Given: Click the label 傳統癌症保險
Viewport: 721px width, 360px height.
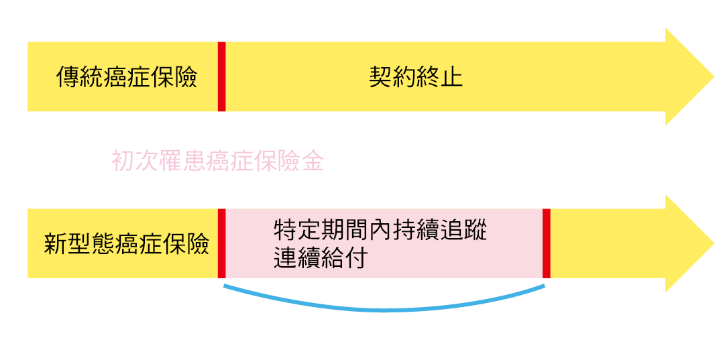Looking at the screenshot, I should (127, 77).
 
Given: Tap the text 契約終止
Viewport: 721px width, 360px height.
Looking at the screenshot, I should (416, 77).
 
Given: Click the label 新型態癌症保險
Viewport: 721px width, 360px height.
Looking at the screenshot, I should (127, 243).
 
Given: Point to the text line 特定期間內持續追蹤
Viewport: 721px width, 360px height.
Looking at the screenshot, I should (380, 231).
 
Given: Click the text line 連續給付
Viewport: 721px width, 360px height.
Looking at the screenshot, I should (321, 258).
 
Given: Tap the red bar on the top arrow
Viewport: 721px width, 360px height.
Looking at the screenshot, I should (221, 76).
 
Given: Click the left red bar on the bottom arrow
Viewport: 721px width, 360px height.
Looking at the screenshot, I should (221, 243).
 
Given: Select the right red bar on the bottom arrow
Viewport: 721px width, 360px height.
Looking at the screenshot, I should (547, 243).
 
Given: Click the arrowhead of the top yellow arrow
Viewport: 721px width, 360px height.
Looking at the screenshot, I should (687, 76).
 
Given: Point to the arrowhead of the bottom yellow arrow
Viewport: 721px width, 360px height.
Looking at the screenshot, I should (687, 243).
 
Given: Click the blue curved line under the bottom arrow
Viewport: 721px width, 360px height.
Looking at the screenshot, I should (384, 309).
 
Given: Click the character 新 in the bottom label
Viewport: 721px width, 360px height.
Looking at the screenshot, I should (56, 243).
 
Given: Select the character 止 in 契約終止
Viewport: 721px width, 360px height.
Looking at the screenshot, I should (451, 77).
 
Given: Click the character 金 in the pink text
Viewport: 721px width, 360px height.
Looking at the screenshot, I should (313, 162).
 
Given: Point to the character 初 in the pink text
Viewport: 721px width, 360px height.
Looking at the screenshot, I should (123, 162).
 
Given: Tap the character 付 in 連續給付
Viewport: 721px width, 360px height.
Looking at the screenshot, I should (356, 258).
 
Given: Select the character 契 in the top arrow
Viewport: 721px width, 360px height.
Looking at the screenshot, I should (380, 77).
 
